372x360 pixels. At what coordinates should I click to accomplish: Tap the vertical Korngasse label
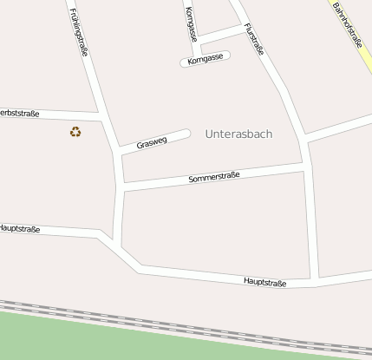point(191,23)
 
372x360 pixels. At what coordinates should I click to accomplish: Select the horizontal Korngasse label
point(205,57)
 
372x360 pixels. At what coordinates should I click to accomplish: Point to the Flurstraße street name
point(254,40)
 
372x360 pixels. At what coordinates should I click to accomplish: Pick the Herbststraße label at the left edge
point(19,113)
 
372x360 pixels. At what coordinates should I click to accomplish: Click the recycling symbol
point(75,132)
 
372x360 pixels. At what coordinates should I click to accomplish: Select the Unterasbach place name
point(238,134)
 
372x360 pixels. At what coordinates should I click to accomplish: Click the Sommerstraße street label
point(213,178)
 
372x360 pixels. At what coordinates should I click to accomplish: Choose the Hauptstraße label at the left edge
point(20,229)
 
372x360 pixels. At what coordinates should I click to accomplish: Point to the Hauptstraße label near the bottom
point(264,282)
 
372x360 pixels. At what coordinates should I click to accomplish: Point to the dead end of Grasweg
point(186,134)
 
